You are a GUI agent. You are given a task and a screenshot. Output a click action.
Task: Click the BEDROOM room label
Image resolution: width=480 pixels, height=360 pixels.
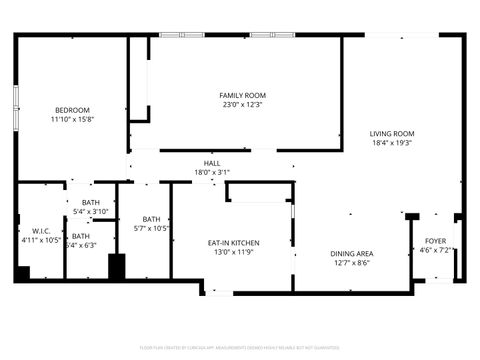coord(71,109)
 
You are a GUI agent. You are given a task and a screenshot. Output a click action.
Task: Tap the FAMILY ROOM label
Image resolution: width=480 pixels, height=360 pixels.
coord(243,95)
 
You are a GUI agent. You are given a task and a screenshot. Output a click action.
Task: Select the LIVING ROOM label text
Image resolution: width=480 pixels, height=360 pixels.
coord(392,133)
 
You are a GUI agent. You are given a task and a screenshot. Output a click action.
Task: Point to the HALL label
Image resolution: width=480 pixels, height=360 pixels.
coord(212,163)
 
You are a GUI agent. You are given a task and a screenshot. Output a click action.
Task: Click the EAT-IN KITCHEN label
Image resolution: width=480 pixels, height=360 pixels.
coord(234,243)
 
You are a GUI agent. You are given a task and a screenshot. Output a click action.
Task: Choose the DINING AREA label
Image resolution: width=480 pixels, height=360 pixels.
coord(352,253)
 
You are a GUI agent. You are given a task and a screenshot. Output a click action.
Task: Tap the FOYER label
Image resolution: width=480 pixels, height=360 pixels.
coord(435,241)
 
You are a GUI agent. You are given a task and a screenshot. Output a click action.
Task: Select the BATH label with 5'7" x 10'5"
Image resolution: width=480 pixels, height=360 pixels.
coord(151,219)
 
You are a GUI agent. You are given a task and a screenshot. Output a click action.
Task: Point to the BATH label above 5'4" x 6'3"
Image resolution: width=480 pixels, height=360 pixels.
coord(80,236)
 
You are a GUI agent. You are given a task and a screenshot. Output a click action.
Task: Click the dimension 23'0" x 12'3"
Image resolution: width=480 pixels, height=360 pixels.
coord(243,104)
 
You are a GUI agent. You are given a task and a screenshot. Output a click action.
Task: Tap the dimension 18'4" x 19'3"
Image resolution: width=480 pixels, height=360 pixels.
coord(392,142)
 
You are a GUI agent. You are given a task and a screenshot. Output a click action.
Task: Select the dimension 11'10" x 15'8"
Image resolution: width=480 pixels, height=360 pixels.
coord(71,118)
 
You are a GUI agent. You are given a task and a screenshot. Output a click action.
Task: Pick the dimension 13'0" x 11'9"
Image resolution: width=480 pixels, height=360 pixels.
coord(234,252)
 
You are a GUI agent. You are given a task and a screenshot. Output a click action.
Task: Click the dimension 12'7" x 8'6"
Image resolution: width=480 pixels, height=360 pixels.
coord(352,262)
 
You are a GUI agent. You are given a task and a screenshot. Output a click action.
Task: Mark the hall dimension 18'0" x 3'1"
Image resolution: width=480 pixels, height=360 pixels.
coord(212,172)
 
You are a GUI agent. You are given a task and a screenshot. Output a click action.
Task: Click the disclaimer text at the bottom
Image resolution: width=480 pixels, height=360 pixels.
coord(240,347)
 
